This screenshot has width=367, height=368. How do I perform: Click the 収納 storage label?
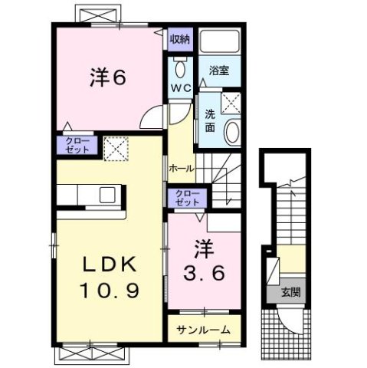[x=179, y=39]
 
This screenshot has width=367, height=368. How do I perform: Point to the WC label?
[x=180, y=88]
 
